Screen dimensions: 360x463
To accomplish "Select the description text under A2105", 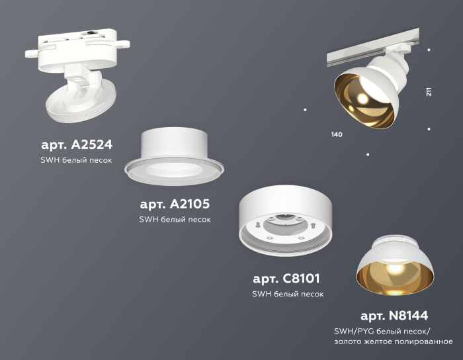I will (x=175, y=220).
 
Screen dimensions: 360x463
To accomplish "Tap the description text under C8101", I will (x=287, y=294).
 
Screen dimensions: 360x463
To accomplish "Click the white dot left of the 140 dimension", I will (x=305, y=109).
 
